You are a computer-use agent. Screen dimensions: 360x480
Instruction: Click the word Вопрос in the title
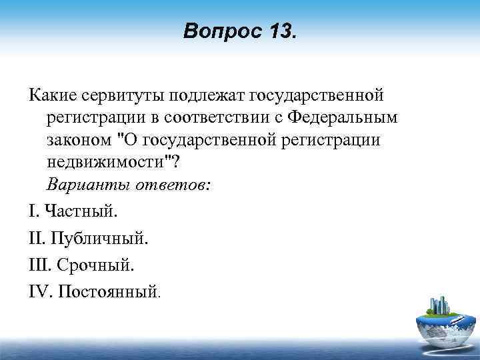pos(215,31)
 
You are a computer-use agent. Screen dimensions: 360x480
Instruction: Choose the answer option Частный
pos(80,212)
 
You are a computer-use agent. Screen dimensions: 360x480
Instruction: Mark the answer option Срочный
pos(95,265)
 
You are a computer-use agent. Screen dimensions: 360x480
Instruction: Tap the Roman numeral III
pos(39,265)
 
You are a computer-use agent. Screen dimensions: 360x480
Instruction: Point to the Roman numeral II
pos(37,239)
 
